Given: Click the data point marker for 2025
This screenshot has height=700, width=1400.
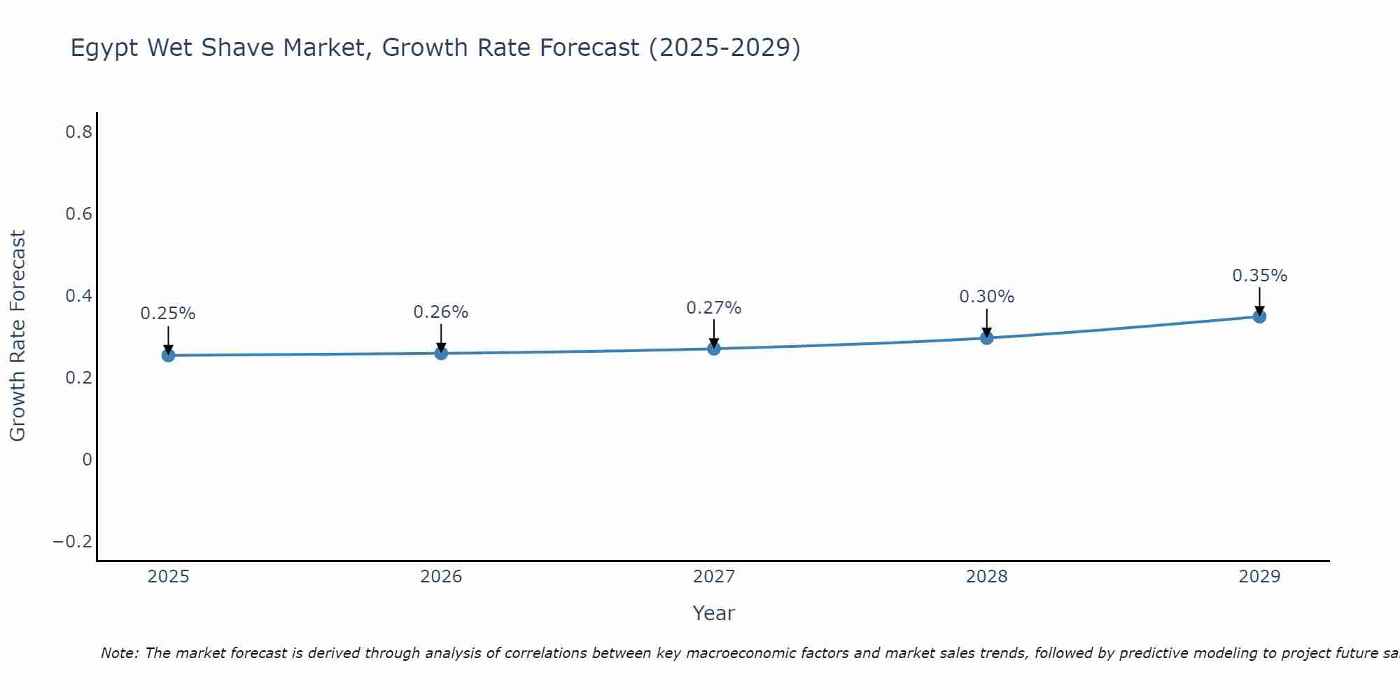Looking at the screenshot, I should (x=168, y=356).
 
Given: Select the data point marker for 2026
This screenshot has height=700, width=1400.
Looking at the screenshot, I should (x=441, y=353).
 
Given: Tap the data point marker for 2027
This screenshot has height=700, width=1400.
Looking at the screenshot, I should (x=714, y=349).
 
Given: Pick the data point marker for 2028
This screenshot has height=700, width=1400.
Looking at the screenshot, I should (x=986, y=338).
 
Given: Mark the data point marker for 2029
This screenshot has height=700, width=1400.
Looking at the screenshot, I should (x=1259, y=316).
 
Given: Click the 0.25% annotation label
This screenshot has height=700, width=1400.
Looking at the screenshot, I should (x=168, y=314).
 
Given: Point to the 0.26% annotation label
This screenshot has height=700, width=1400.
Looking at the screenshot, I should (x=441, y=312).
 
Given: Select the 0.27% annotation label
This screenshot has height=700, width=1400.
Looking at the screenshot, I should (x=714, y=308).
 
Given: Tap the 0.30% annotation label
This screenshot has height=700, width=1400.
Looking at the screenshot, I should (x=986, y=297).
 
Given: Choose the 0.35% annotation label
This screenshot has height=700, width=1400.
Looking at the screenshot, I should (x=1259, y=276).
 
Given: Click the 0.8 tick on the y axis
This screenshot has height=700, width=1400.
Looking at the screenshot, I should (x=78, y=132).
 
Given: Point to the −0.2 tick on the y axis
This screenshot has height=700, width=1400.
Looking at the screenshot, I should (x=72, y=542).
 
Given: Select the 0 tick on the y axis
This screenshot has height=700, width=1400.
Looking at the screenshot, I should (x=87, y=460).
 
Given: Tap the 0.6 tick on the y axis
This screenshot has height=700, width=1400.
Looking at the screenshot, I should (x=78, y=213).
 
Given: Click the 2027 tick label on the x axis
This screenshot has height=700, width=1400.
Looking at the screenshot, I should (x=714, y=577).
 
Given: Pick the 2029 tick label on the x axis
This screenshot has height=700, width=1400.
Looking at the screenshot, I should (x=1259, y=577).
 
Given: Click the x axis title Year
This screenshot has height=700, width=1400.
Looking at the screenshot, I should (x=714, y=613).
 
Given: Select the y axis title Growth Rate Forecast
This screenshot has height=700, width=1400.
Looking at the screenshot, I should (x=17, y=336).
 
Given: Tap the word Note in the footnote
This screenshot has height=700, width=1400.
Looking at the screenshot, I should (x=118, y=653).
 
